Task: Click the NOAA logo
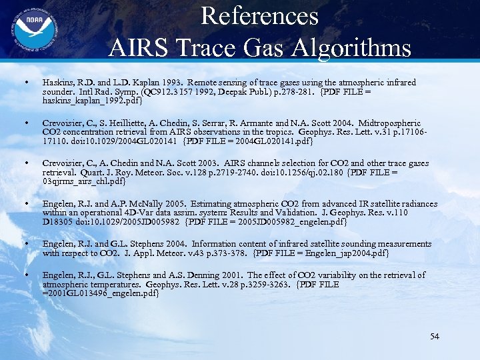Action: point(28,28)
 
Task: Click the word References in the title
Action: point(259,15)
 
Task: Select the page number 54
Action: point(434,336)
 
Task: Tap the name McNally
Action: point(154,203)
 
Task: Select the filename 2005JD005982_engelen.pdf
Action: point(295,222)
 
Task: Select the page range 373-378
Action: point(229,253)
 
